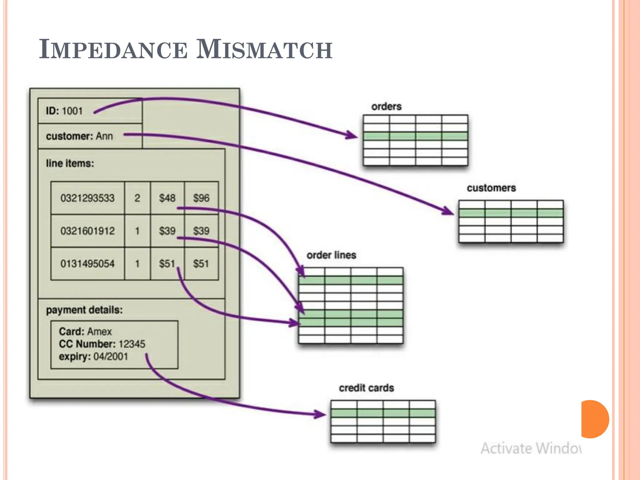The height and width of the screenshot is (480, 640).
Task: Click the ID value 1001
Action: (72, 111)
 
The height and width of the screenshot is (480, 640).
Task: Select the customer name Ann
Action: (104, 136)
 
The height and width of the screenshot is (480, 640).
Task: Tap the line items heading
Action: (70, 163)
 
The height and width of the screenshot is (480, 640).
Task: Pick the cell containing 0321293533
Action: (87, 198)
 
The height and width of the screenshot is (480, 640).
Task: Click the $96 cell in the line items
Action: (201, 198)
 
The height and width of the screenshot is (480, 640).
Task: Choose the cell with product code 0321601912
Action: (87, 231)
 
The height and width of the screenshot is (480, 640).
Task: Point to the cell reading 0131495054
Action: (87, 264)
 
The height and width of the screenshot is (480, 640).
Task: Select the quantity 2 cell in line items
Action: (137, 198)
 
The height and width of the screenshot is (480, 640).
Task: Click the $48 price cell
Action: (167, 198)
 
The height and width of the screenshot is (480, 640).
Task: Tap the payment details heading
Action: (84, 310)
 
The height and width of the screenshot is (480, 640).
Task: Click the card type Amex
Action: (99, 332)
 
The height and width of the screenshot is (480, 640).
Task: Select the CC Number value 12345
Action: (132, 344)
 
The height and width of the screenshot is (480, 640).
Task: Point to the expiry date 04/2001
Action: (111, 357)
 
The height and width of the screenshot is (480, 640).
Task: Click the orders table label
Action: (386, 107)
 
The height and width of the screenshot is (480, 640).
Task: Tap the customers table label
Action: (491, 188)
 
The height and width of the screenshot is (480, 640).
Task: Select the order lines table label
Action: (331, 255)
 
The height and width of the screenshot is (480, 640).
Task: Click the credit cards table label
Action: (366, 388)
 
